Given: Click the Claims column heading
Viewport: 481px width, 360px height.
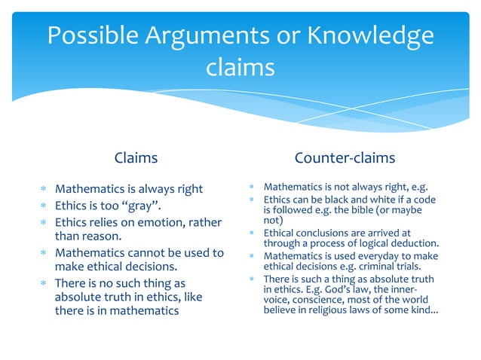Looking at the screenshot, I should point(136,158).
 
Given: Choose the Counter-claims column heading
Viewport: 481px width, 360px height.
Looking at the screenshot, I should point(345,158).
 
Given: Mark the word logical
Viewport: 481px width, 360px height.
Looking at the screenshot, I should point(372,243).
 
